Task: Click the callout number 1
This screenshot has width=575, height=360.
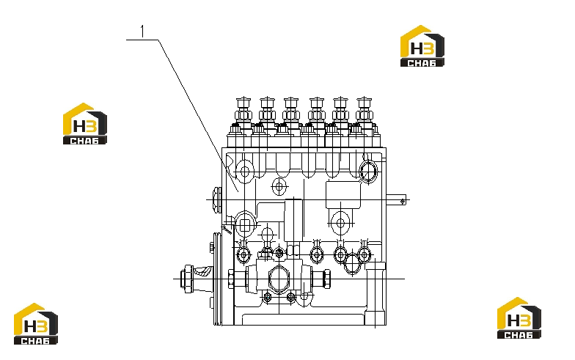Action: [x=142, y=32]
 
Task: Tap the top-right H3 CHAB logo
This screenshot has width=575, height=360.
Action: [x=422, y=45]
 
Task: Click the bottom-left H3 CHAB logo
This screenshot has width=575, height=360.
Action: [x=36, y=324]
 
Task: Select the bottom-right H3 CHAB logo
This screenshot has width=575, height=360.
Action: [x=519, y=318]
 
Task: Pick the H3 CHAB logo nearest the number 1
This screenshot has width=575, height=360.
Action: [x=85, y=123]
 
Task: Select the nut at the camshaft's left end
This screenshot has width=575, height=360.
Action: [x=188, y=279]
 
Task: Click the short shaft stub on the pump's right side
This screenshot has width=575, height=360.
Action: [x=396, y=200]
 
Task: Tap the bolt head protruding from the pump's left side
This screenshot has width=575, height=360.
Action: [x=217, y=199]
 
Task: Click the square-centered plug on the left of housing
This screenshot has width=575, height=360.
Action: [x=245, y=224]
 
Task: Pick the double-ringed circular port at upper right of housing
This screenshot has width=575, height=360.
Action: [x=368, y=172]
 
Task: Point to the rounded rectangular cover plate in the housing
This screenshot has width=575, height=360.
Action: [x=343, y=195]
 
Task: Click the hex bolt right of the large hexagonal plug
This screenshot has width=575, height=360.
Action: [x=326, y=279]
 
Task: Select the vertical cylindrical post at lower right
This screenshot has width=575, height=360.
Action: [x=376, y=293]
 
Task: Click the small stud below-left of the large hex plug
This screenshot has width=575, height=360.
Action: [x=268, y=296]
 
